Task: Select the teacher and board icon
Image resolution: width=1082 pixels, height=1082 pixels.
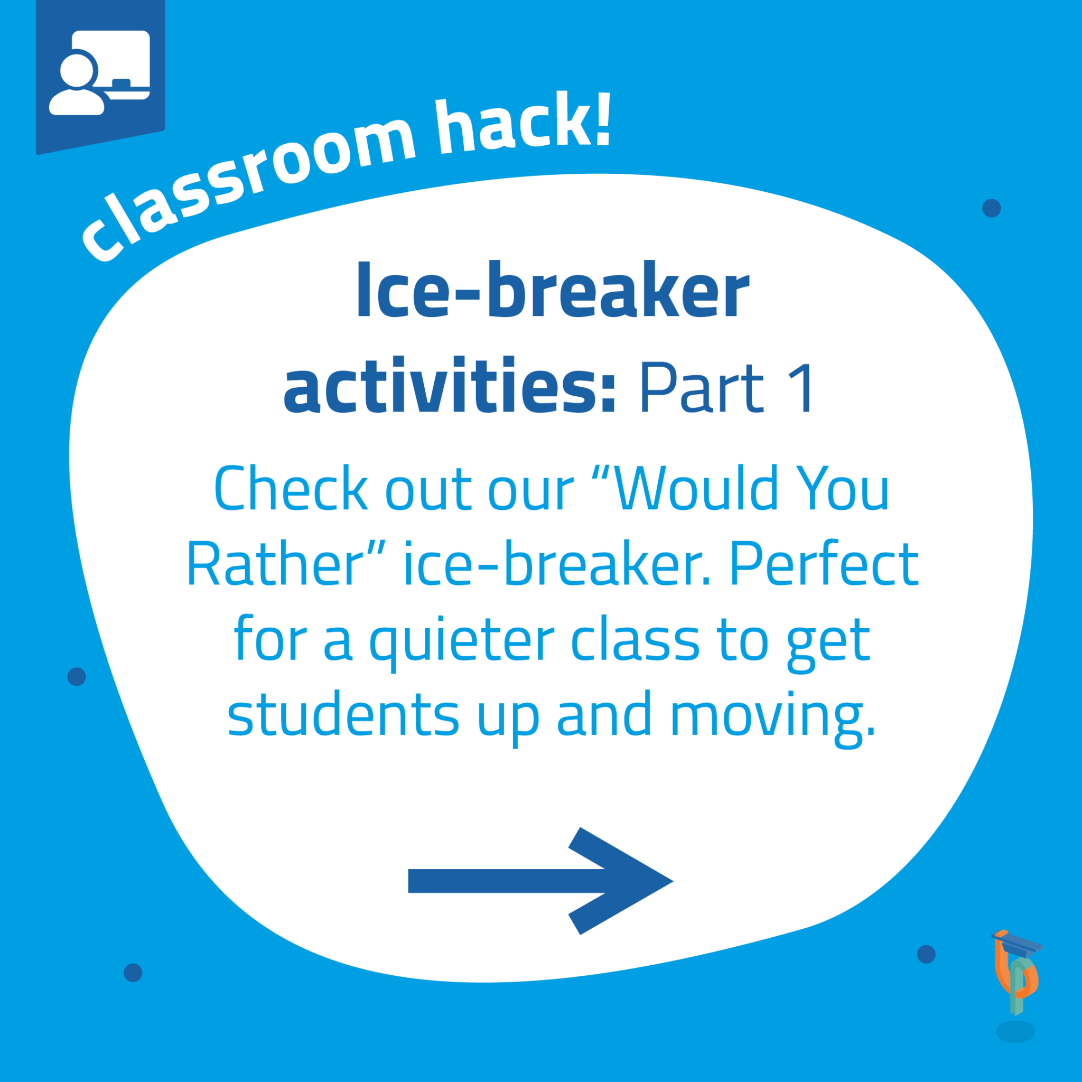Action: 100,73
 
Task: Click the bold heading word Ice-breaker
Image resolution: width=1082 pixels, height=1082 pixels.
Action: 553,290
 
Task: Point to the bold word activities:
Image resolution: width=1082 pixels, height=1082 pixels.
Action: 450,386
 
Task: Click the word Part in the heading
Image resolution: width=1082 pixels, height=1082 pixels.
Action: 702,388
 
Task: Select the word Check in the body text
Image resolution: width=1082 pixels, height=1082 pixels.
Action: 291,488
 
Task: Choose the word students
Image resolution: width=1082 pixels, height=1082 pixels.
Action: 343,714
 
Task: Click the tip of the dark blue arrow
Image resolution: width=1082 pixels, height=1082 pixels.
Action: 673,881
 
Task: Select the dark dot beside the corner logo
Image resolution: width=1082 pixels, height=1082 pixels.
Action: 926,954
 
